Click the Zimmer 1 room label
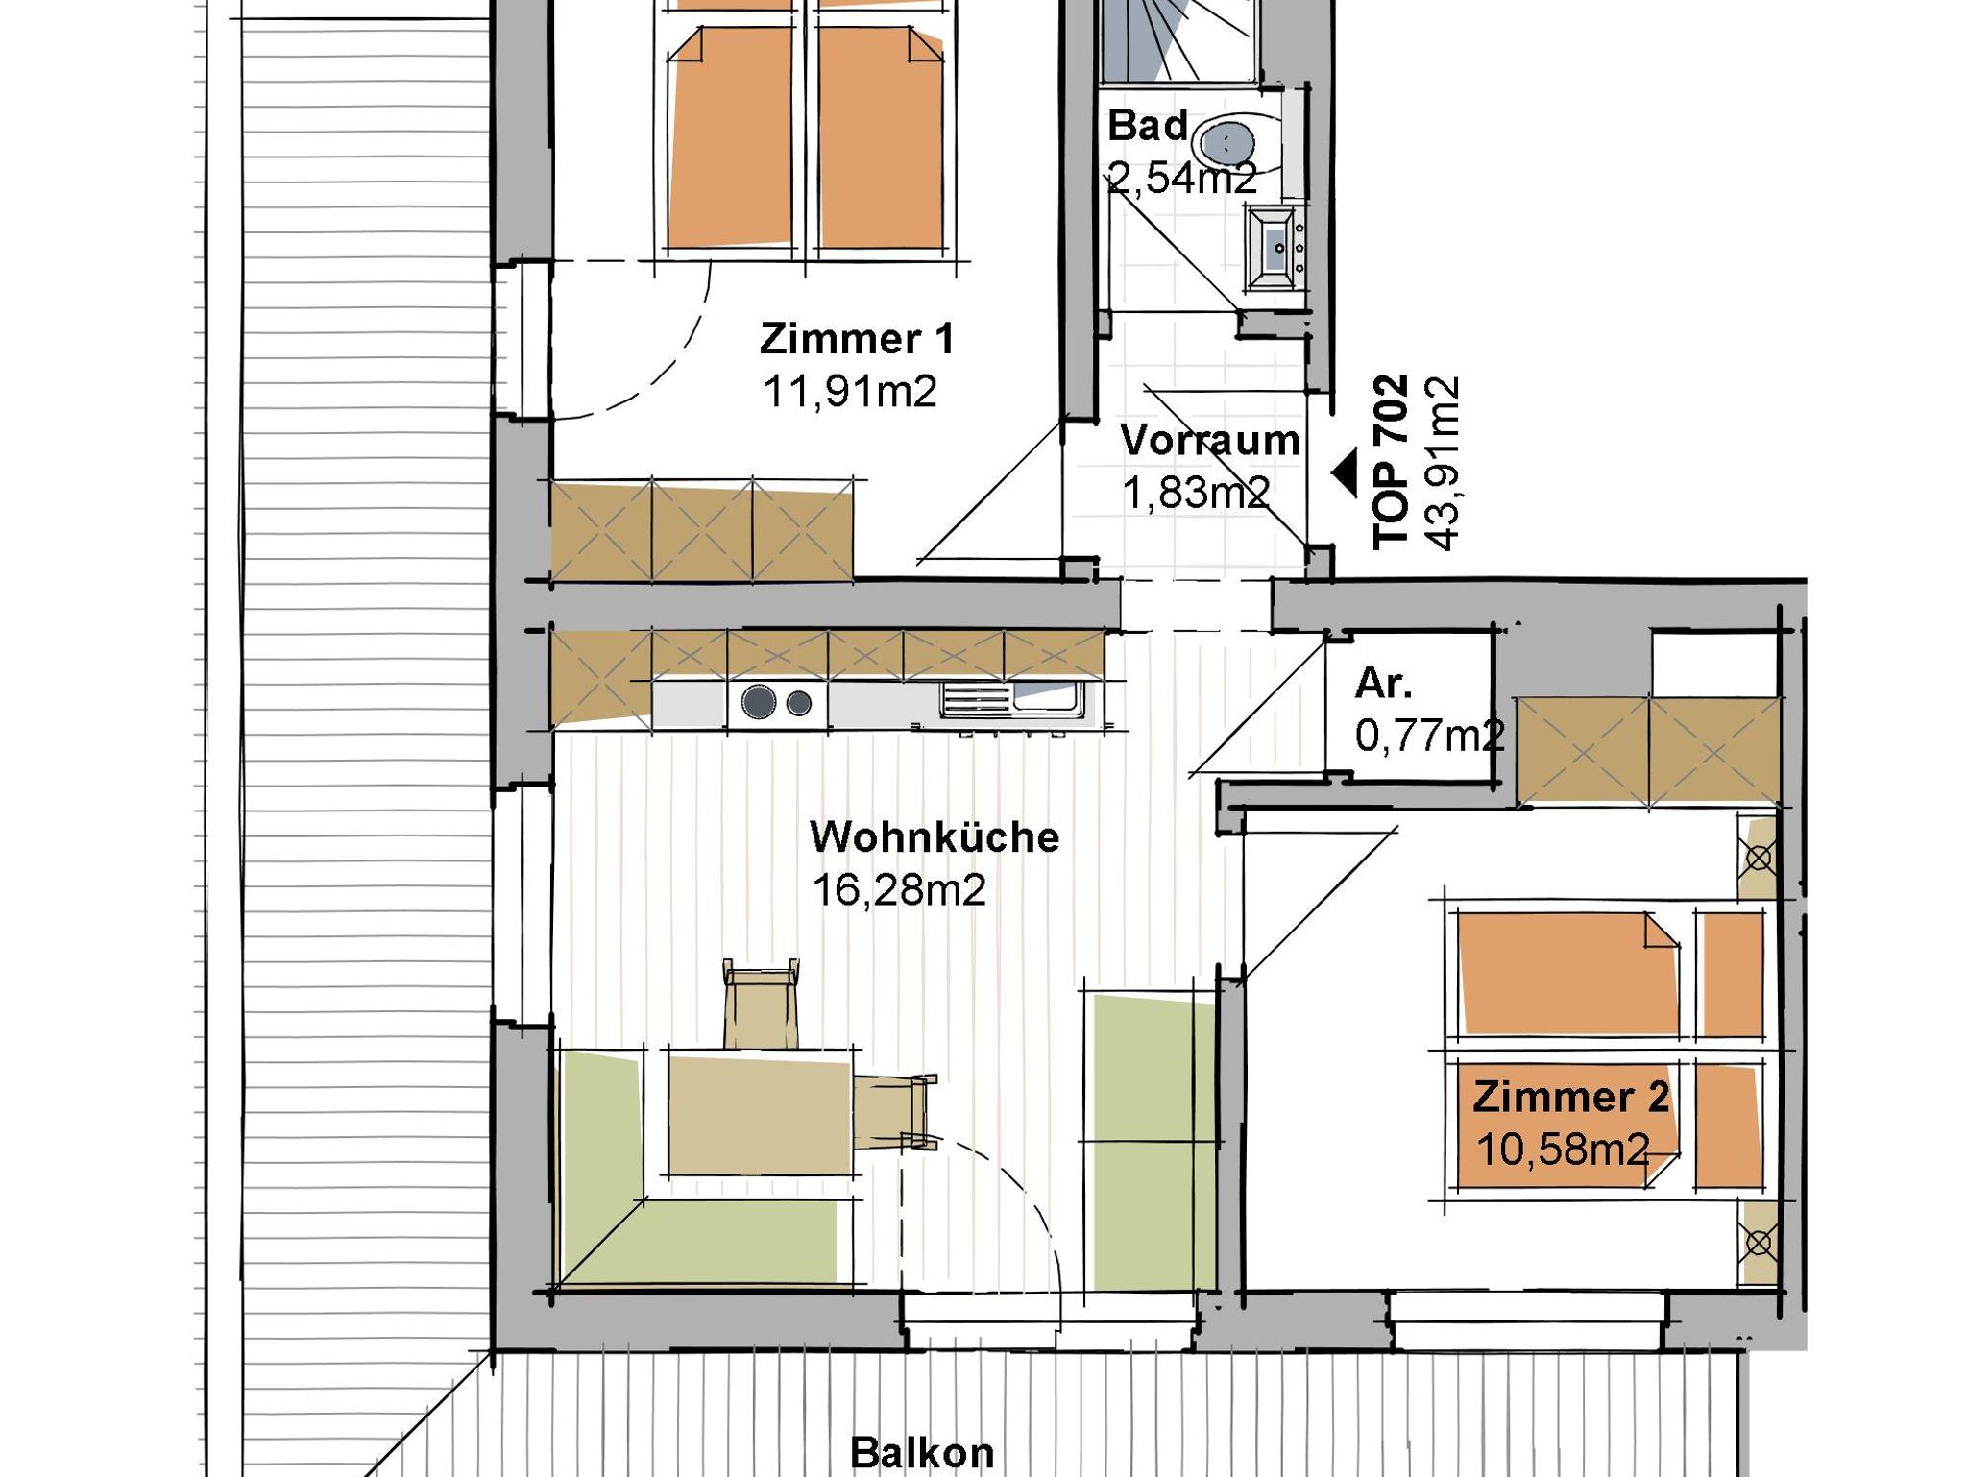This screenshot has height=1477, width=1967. coord(857,339)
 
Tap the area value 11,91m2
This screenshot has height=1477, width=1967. coord(850,392)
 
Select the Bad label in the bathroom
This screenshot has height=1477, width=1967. coord(1148,126)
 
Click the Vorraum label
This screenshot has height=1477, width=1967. coord(1210,441)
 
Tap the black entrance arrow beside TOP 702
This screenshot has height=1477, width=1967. coord(1345,472)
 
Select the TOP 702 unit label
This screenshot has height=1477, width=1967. coord(1391,462)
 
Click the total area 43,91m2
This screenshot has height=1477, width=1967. coord(1443,463)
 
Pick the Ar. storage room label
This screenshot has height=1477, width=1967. coord(1384,683)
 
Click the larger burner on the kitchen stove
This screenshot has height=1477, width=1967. coord(759,702)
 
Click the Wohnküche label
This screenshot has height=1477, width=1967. coord(935,836)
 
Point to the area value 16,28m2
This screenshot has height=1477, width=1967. coord(899,890)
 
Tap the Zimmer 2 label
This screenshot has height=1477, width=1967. coord(1571,1097)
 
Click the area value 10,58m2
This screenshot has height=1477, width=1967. coord(1563,1150)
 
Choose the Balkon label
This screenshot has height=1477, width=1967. coord(922,1452)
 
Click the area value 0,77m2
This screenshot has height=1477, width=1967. coord(1429,737)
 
